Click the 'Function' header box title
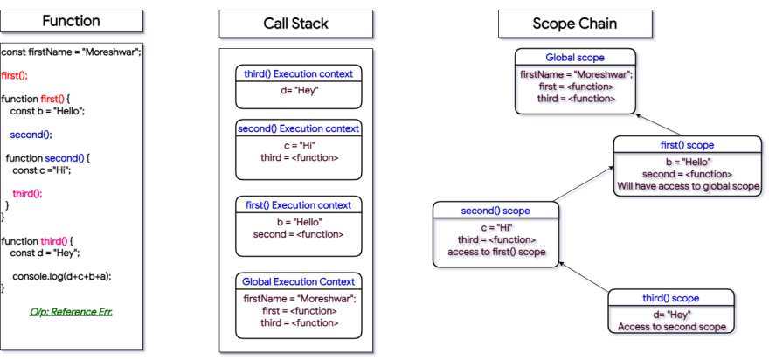71,21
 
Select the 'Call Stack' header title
295,24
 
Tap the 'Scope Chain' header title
575,24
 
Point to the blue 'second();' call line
31,135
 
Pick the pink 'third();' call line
27,193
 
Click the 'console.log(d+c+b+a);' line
62,276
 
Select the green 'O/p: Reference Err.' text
71,311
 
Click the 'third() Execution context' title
298,74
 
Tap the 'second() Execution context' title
298,129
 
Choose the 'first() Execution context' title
298,205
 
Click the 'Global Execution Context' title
298,281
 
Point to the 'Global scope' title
575,58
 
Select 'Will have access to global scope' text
689,186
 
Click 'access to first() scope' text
496,252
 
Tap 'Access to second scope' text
671,327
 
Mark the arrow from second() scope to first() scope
584,183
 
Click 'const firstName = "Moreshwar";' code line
71,52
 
